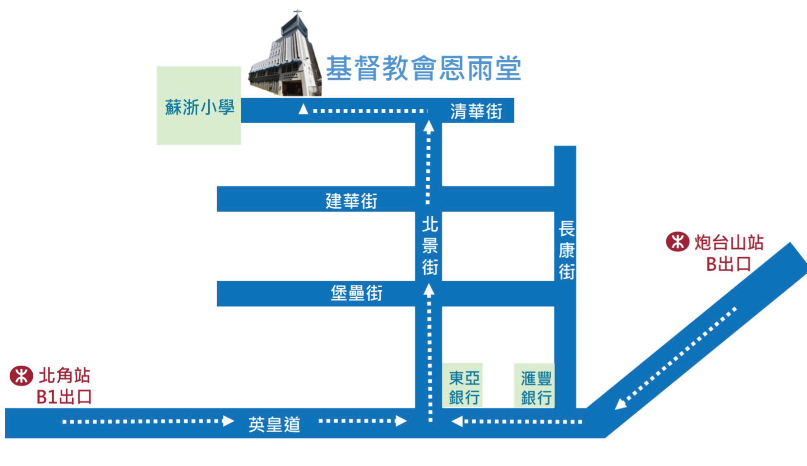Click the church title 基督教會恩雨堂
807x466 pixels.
[423, 68]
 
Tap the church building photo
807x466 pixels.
[286, 58]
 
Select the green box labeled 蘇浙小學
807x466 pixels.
[199, 106]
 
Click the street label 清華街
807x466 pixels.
[476, 111]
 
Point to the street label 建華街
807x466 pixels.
[351, 201]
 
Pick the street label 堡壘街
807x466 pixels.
[356, 293]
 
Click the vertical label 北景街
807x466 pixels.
[430, 246]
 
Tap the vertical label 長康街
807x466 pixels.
[566, 250]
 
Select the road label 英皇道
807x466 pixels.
[274, 424]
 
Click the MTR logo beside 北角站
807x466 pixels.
[21, 376]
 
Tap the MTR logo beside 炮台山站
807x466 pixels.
[678, 242]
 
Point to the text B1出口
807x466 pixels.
[64, 397]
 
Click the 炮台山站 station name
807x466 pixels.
[729, 242]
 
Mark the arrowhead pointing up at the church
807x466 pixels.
[303, 109]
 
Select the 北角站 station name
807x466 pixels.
[65, 375]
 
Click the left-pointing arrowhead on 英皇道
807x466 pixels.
[457, 421]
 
